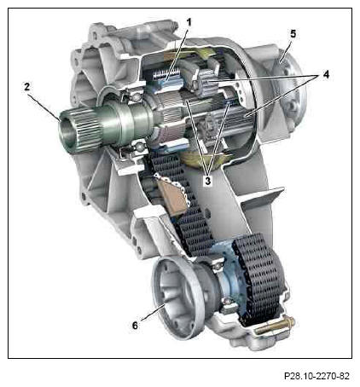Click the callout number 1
coord(189,22)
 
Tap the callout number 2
coord(26,87)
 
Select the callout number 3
coord(208,181)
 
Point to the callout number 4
coord(326,74)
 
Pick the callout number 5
coord(293,33)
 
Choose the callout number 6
coord(135,325)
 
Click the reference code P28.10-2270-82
coord(316,376)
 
